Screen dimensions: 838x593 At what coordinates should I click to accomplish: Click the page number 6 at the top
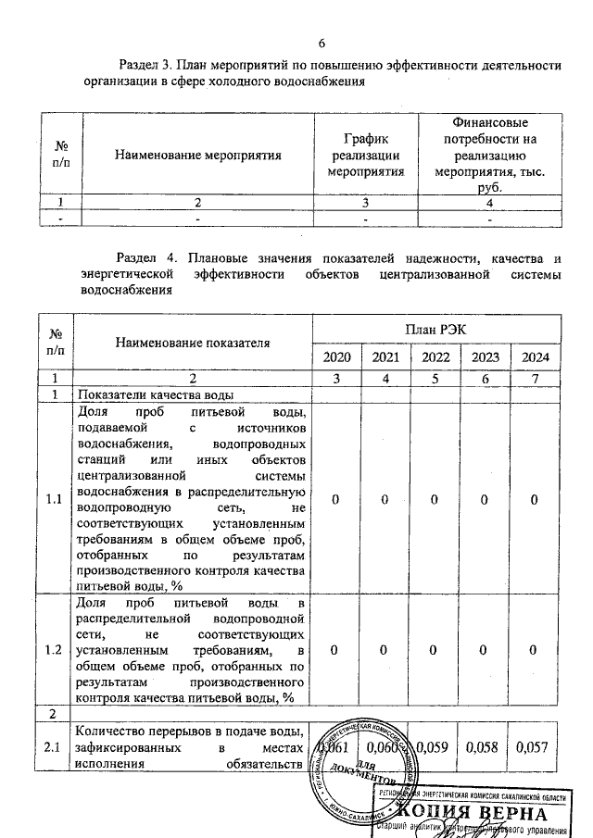tap(322, 43)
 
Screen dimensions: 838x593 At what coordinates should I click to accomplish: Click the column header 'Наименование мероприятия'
tap(197, 155)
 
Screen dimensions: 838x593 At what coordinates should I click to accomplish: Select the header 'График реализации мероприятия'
tap(366, 155)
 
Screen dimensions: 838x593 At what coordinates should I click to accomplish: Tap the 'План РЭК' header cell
tap(436, 329)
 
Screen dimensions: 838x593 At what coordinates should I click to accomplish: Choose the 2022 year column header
tap(436, 358)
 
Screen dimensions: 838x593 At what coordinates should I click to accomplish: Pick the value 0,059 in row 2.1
tap(436, 746)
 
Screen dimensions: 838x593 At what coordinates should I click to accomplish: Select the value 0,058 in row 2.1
tap(486, 746)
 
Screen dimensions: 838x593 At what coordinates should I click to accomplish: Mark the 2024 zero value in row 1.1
tap(534, 500)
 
